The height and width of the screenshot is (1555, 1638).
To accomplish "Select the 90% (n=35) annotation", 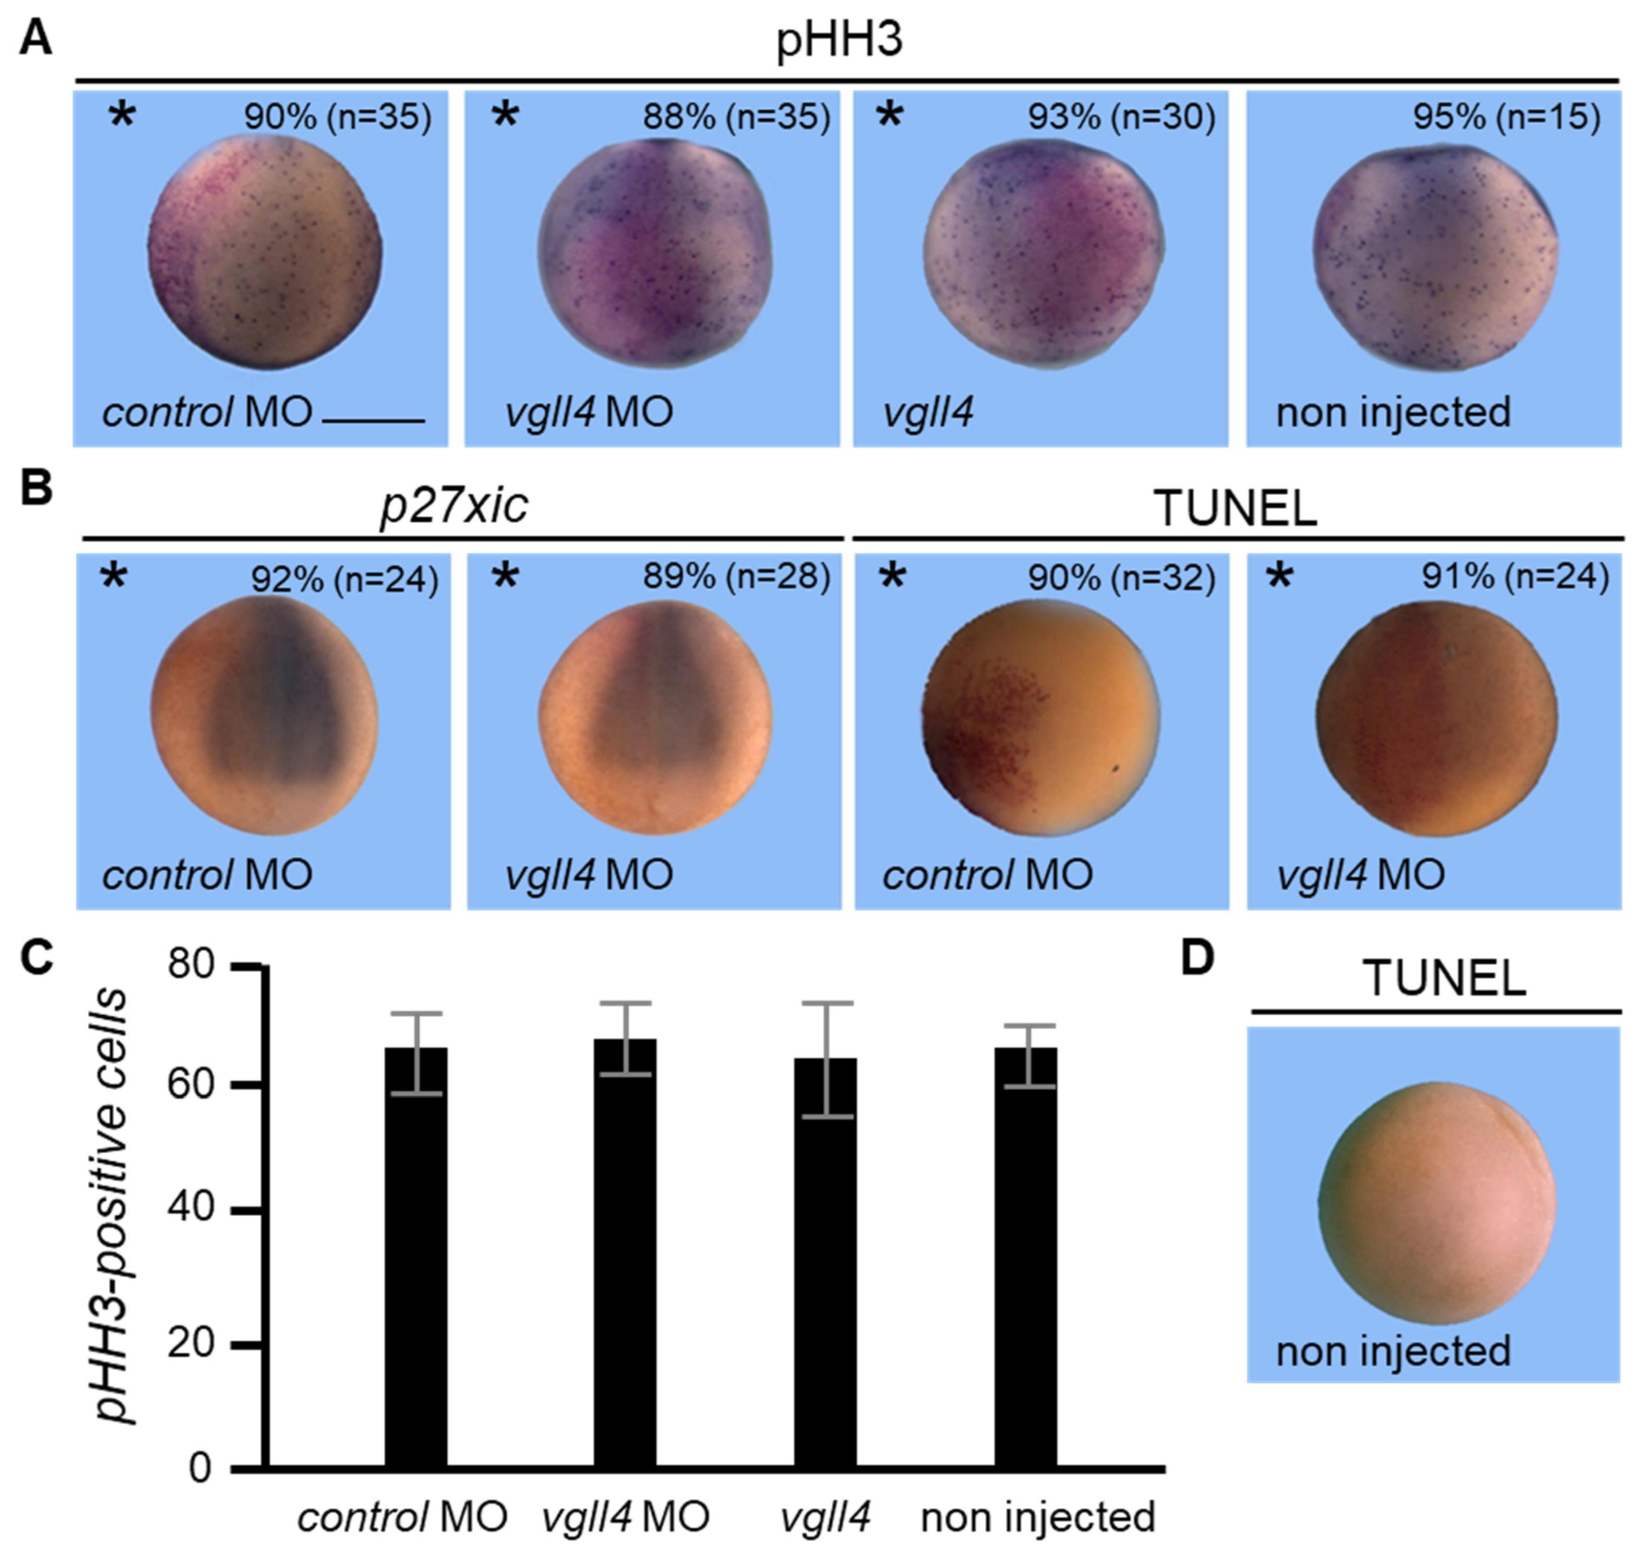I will click(x=337, y=117).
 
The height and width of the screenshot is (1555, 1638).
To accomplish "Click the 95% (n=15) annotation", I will click(x=1506, y=117).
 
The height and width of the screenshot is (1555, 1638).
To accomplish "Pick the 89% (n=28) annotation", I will click(x=736, y=577).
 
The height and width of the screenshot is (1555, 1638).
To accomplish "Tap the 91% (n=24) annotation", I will click(x=1515, y=577).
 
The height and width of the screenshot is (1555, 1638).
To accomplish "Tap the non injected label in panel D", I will click(x=1393, y=1352).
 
